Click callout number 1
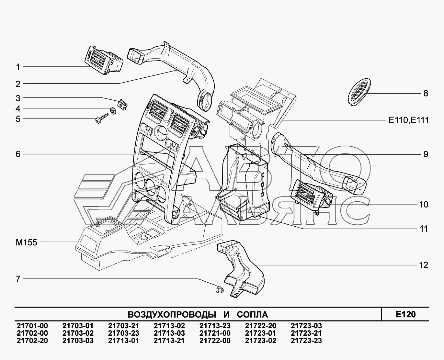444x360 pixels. [18, 67]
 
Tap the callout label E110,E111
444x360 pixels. [408, 120]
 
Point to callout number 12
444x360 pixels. [423, 265]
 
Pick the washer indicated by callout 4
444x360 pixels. [113, 111]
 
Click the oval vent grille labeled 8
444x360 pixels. [359, 92]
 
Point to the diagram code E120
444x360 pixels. [405, 314]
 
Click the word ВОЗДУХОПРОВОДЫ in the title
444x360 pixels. [172, 315]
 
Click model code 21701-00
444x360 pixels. [32, 326]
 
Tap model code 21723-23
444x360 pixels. [306, 341]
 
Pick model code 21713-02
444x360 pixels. [169, 326]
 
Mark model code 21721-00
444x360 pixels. [215, 333]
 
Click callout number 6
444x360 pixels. [18, 154]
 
